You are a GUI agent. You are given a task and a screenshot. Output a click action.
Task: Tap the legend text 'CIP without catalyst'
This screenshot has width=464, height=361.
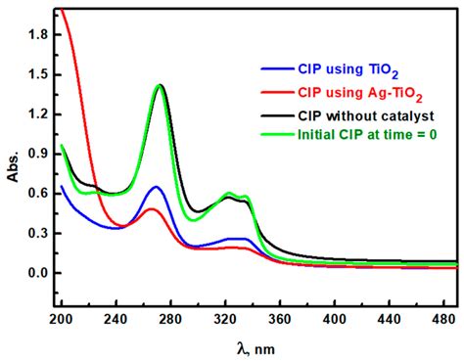pyautogui.click(x=365, y=115)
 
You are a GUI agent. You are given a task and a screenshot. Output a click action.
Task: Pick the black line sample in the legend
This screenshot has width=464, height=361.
pyautogui.click(x=278, y=115)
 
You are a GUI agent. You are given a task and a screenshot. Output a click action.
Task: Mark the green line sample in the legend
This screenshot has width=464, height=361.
pyautogui.click(x=278, y=134)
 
